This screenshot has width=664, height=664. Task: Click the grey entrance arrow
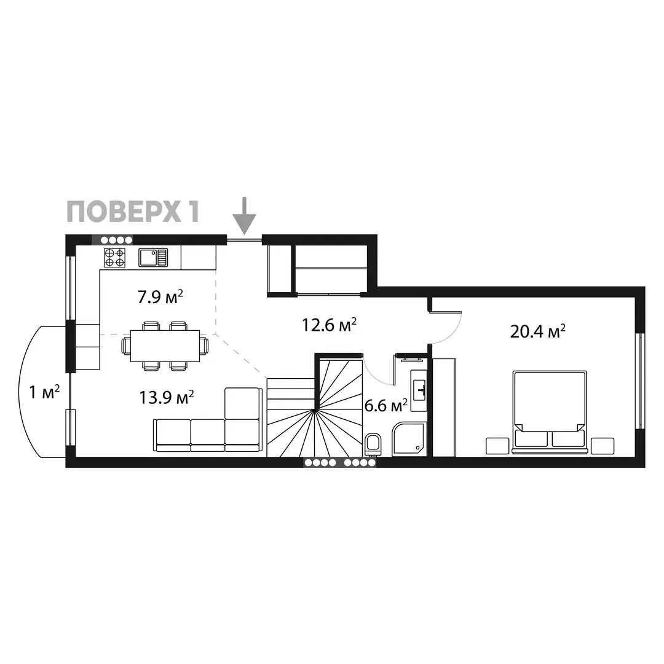(x=244, y=216)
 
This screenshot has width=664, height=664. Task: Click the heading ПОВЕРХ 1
(x=133, y=211)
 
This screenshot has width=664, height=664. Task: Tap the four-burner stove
(x=115, y=258)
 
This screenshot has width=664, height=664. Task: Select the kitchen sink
(x=153, y=258)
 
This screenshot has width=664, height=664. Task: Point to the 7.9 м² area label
(x=160, y=297)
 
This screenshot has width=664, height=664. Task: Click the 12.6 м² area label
(x=329, y=325)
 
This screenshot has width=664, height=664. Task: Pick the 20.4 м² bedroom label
(x=538, y=331)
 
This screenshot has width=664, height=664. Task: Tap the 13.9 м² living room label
(x=167, y=397)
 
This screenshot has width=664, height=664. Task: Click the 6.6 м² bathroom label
(x=385, y=406)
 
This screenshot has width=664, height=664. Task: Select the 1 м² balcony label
(x=44, y=392)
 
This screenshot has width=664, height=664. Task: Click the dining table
(x=165, y=346)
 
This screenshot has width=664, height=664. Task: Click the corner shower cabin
(x=409, y=440)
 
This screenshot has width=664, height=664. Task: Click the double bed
(x=550, y=412)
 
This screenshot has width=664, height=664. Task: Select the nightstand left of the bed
(x=497, y=446)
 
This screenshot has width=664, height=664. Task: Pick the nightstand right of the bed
(x=602, y=446)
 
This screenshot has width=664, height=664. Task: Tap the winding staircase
(x=315, y=408)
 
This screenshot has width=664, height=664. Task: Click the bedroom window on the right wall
(x=640, y=381)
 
